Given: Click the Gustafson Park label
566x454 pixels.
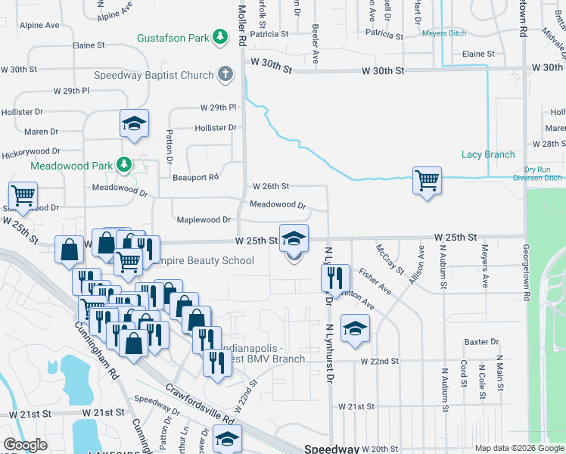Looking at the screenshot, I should coord(172,38).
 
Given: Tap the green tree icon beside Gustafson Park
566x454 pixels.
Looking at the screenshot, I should coord(219,37).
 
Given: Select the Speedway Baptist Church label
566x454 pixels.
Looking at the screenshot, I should coord(154,75).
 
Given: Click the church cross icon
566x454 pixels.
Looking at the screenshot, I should coord(225,74).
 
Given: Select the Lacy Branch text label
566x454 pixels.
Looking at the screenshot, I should coord(488,155).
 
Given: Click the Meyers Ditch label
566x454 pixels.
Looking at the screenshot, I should coord(445,34).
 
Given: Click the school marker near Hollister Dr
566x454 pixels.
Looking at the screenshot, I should coord(134,123).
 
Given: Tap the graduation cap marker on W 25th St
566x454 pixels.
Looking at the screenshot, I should coord(294,239).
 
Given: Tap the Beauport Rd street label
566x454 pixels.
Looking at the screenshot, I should coord(195,177).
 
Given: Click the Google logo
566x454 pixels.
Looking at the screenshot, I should coord(25,445).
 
